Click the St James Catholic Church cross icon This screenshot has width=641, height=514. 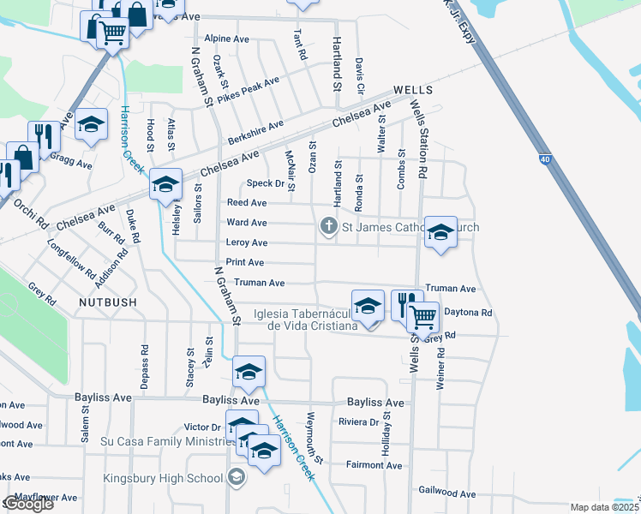click(x=327, y=227)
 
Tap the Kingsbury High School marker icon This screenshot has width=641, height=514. click(x=237, y=479)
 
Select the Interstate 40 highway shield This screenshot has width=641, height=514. click(x=545, y=159)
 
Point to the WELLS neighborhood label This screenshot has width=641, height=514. click(x=413, y=90)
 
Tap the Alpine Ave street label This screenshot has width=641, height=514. click(x=227, y=39)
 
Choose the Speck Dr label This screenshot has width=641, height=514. click(x=265, y=183)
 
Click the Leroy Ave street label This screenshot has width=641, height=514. click(x=247, y=243)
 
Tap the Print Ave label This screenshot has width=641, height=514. click(x=245, y=262)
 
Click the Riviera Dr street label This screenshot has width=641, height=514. click(x=359, y=421)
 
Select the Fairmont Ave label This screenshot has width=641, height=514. click(x=374, y=465)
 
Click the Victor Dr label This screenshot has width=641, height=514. click(x=203, y=427)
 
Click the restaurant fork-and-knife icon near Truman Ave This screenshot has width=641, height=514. click(x=406, y=304)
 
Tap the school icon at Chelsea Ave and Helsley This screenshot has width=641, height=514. click(x=165, y=183)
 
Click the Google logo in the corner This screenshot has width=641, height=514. click(x=28, y=504)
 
